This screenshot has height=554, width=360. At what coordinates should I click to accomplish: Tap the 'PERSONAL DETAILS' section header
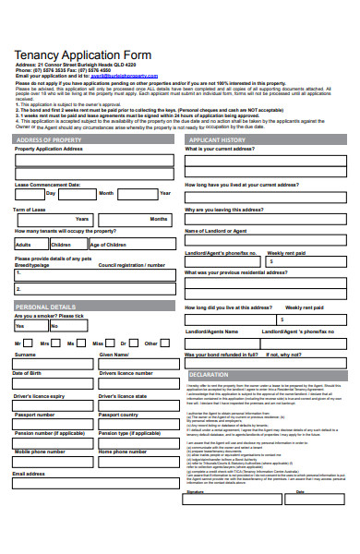coord(45,306)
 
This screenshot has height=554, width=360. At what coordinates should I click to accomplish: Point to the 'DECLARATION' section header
coord(209,374)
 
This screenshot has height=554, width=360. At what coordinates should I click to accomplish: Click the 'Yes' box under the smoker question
coord(30,326)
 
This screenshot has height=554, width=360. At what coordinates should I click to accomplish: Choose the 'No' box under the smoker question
coord(66,326)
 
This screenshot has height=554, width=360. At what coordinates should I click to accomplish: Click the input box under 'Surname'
coord(51,364)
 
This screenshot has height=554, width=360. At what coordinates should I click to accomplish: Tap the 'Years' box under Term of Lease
coord(32,219)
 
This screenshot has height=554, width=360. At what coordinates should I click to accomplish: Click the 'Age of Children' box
coord(129,245)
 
